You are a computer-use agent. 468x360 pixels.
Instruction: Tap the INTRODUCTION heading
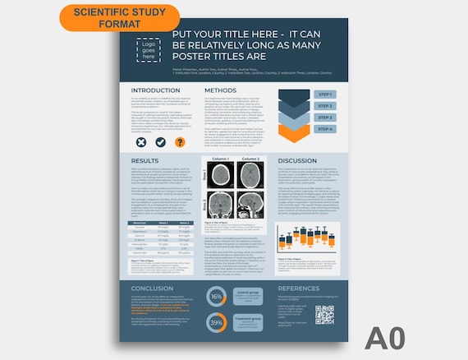tap(155, 90)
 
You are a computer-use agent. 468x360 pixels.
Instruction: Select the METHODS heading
tap(220, 90)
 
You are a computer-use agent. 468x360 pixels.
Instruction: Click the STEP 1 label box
tap(325, 95)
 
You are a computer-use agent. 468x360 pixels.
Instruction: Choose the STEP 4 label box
tap(325, 129)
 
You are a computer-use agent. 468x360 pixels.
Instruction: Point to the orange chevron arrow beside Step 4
tap(292, 131)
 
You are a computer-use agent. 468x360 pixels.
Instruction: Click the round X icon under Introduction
tap(141, 142)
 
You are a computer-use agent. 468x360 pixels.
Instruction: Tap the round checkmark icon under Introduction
tap(160, 142)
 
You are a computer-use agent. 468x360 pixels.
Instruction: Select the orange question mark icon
tap(179, 142)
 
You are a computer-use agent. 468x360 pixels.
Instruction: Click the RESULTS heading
tap(145, 161)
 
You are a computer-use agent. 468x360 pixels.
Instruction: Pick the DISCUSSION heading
tap(297, 161)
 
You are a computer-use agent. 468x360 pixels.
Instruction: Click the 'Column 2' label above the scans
tap(250, 159)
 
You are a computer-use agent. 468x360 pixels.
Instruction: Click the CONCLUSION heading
tap(152, 288)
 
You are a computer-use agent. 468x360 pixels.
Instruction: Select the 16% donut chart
tap(217, 297)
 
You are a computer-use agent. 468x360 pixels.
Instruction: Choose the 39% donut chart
tap(217, 323)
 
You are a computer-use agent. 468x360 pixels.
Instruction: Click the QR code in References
tap(324, 315)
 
